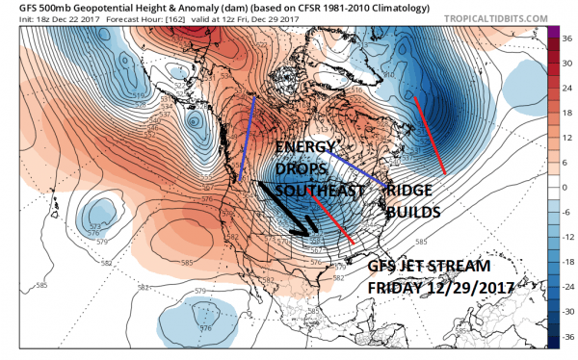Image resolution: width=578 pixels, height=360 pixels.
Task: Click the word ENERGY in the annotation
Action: [x=305, y=146]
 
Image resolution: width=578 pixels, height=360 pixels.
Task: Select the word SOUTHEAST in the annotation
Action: [x=317, y=191]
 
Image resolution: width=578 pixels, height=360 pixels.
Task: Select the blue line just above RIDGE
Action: [x=356, y=168]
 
